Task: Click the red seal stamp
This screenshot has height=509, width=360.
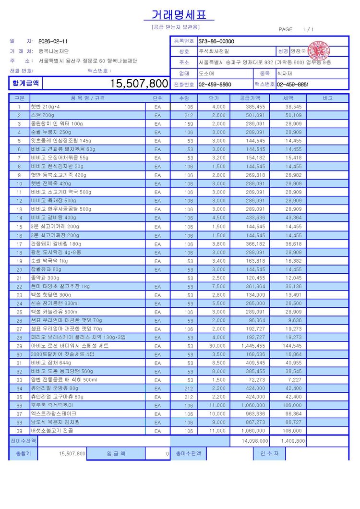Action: (x=319, y=50)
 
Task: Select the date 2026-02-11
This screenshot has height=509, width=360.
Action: (x=53, y=41)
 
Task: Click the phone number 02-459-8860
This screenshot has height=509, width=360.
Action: (x=215, y=85)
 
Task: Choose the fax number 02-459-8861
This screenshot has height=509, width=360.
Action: (x=292, y=85)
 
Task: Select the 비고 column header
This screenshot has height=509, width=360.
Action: (x=327, y=98)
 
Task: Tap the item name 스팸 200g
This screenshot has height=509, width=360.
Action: (x=43, y=115)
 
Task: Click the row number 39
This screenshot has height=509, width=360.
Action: (x=20, y=431)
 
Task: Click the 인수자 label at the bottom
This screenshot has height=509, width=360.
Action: (x=269, y=453)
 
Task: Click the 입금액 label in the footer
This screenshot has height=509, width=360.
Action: (x=116, y=453)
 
